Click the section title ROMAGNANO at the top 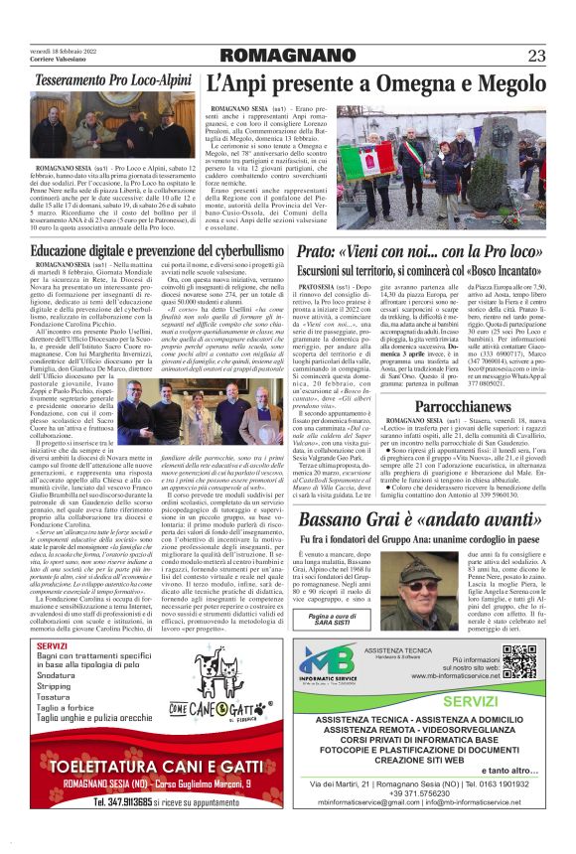tap(287, 55)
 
